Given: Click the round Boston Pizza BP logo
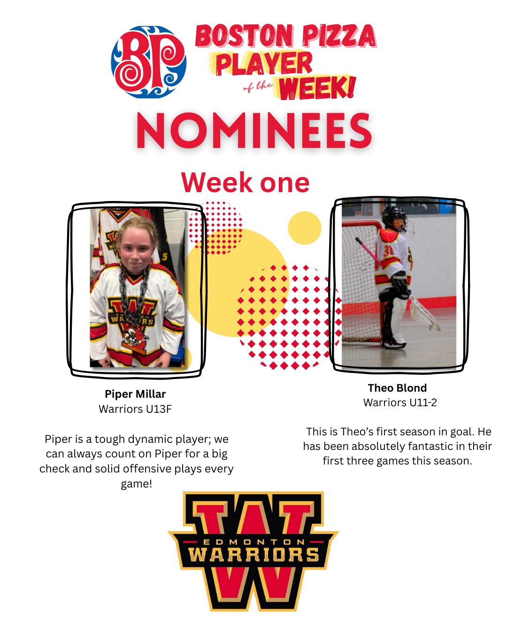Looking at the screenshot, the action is [148, 62].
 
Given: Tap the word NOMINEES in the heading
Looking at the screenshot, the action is [254, 131].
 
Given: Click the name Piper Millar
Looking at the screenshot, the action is [135, 394].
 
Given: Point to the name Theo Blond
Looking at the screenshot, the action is [397, 388].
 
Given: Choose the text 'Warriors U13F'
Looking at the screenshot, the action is [135, 409].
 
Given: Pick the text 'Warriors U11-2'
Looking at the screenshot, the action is [400, 402].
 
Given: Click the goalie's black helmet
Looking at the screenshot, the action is [394, 218].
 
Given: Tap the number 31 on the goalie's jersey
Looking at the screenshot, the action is [388, 250].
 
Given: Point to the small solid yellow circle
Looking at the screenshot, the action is [304, 228].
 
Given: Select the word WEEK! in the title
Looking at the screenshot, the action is [317, 88].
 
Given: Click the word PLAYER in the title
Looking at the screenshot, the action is [264, 63].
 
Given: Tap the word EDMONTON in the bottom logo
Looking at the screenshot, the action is [253, 542].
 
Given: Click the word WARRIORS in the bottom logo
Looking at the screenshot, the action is [253, 555].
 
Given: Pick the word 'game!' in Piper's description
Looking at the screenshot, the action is [137, 484].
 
